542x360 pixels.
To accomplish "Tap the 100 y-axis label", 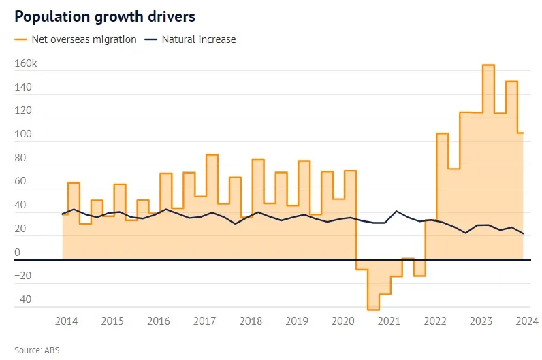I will click(x=22, y=135).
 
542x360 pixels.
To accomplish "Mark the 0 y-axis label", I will click(x=18, y=252).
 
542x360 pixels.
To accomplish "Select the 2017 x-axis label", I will click(x=205, y=321).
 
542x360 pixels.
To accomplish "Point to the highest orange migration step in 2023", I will click(x=488, y=65).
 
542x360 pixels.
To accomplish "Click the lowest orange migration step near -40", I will click(x=373, y=310).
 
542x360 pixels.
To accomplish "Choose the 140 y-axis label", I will click(x=22, y=88).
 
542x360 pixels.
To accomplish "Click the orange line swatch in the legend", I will click(x=21, y=39).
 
